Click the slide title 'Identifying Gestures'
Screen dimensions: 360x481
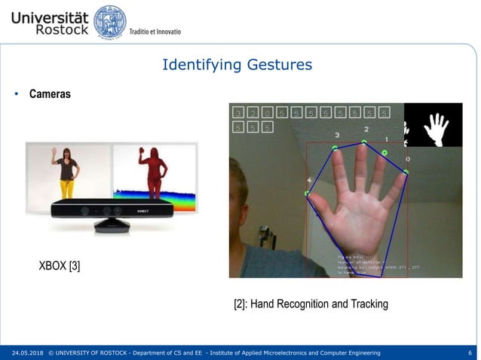[237, 65]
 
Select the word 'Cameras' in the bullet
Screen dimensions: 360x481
[50, 94]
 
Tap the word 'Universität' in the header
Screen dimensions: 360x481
[50, 14]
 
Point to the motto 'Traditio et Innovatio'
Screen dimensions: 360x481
[155, 32]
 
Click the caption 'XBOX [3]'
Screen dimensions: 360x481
[60, 266]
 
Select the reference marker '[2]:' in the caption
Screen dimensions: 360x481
[240, 304]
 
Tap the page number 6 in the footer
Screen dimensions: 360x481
[470, 352]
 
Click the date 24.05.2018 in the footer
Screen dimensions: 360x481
[26, 352]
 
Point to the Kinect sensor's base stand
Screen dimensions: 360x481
[112, 224]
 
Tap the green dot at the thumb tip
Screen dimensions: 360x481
[308, 194]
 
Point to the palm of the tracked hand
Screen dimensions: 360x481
[355, 218]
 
